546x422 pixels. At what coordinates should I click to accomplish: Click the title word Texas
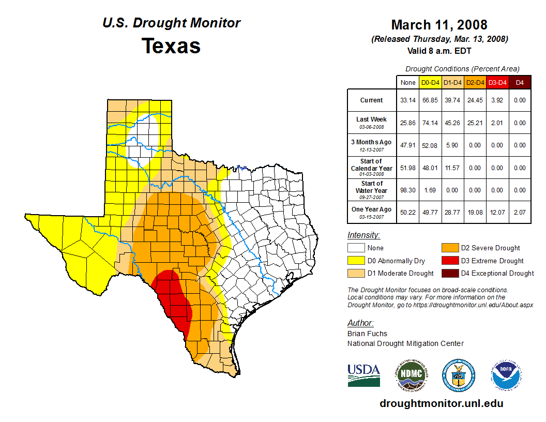tap(171, 46)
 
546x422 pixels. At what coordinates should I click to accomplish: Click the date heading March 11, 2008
tap(439, 25)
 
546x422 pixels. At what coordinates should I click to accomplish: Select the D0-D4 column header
tap(431, 82)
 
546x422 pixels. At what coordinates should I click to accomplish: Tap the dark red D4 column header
tap(520, 82)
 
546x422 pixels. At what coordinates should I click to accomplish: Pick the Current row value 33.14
tap(408, 100)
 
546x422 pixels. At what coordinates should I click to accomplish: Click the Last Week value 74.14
tap(431, 123)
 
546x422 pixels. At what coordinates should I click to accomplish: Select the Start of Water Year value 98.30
tap(408, 190)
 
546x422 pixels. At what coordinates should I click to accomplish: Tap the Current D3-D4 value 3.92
tap(497, 100)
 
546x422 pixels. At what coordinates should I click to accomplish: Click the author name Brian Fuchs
tap(367, 334)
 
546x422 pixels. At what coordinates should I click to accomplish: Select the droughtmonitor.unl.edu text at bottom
tap(441, 403)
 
